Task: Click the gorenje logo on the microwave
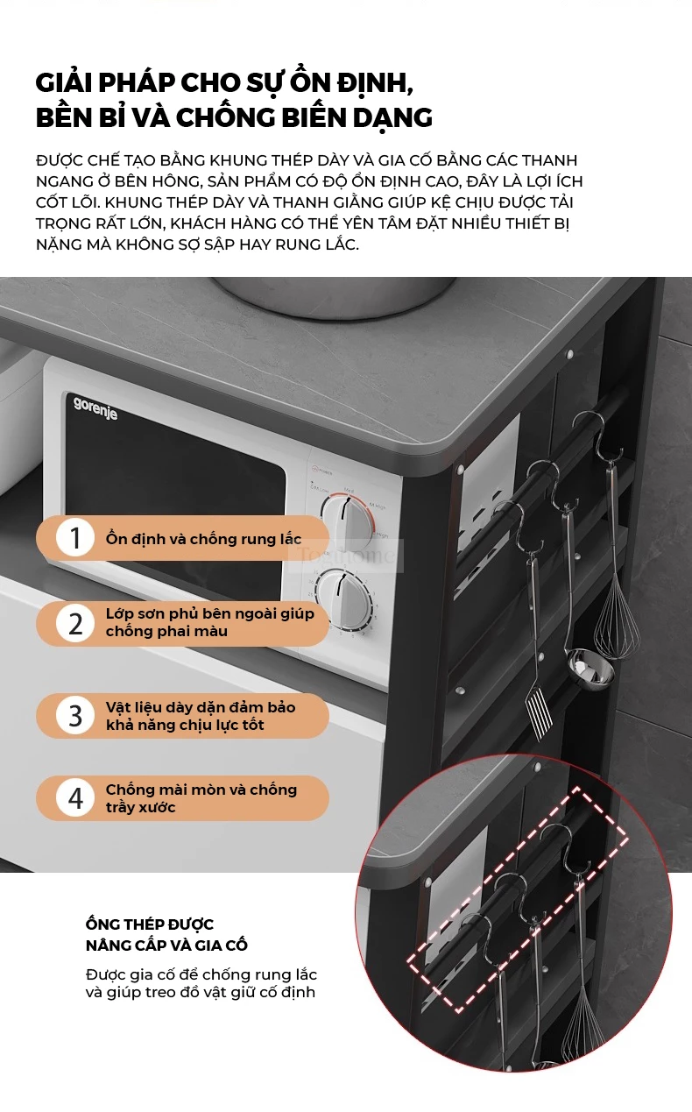click(x=95, y=408)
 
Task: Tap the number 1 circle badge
click(x=75, y=538)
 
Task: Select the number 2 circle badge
click(x=75, y=624)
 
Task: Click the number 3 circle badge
click(x=75, y=715)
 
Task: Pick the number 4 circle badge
click(x=75, y=798)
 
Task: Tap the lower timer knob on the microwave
click(x=343, y=599)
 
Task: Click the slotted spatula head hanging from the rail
click(x=539, y=711)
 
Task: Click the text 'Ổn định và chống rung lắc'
click(x=203, y=539)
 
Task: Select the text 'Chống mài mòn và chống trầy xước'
click(x=201, y=798)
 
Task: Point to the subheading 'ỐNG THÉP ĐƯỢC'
click(x=150, y=924)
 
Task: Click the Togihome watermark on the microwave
click(x=346, y=555)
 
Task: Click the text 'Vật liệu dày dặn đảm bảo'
click(x=201, y=707)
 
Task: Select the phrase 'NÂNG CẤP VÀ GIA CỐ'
click(x=166, y=946)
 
